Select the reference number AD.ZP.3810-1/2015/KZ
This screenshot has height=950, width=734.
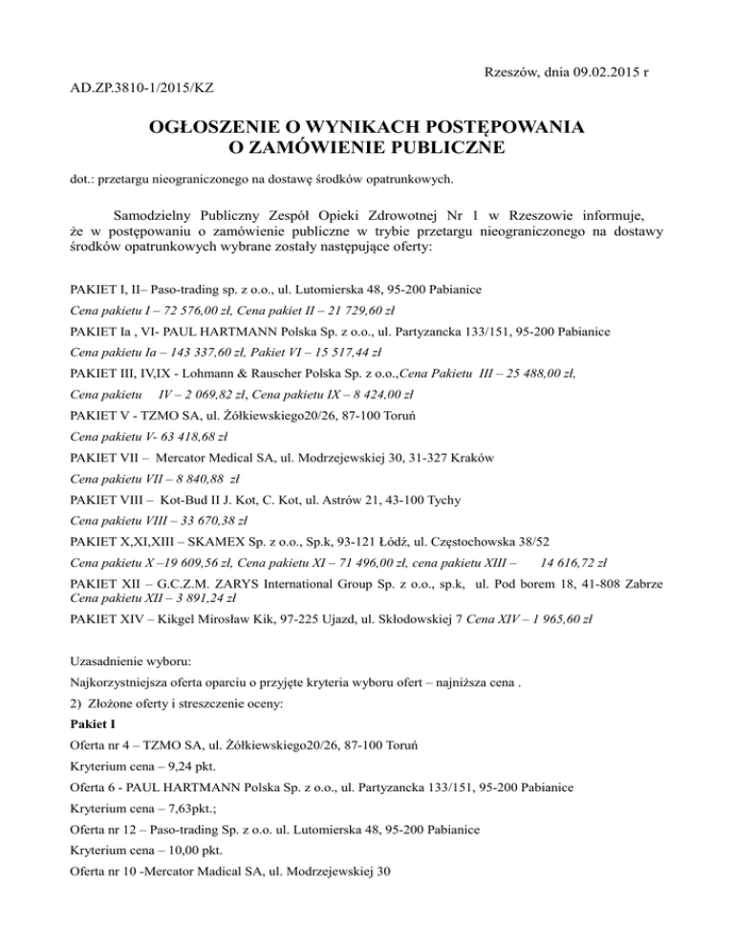point(142,88)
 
